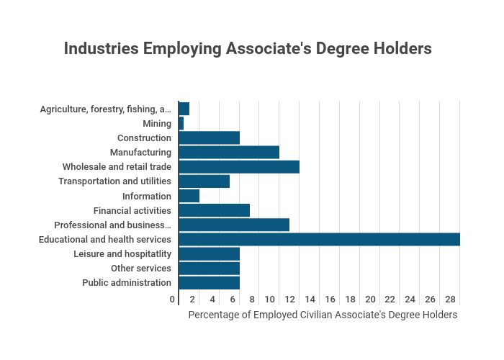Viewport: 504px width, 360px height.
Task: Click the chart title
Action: (x=248, y=49)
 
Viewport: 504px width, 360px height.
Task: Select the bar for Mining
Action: (x=181, y=124)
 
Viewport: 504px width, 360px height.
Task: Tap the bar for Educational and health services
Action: (x=319, y=239)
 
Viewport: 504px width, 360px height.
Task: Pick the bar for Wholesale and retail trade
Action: (x=239, y=167)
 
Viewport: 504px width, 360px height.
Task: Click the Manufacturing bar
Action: (x=229, y=153)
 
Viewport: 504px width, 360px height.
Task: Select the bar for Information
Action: (x=189, y=196)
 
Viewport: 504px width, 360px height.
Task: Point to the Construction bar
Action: (x=210, y=138)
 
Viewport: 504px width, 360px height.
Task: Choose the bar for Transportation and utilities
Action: (x=204, y=181)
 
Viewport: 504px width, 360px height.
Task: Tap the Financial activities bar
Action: (x=215, y=210)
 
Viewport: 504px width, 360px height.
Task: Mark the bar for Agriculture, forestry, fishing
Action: (x=184, y=109)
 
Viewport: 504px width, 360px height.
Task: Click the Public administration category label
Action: (x=127, y=283)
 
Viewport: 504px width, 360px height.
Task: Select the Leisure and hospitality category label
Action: (x=122, y=254)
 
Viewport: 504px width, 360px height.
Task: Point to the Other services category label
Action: (x=141, y=269)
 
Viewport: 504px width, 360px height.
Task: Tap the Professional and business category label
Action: (x=113, y=225)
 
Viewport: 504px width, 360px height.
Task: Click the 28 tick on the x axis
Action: (x=450, y=300)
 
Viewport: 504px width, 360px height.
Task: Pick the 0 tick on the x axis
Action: (x=173, y=300)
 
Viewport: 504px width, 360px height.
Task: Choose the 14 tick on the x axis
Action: (x=310, y=300)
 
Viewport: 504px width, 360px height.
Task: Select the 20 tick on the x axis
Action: (x=370, y=300)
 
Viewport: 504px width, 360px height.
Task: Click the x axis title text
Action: (x=323, y=315)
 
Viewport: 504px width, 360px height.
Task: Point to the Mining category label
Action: (x=157, y=124)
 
